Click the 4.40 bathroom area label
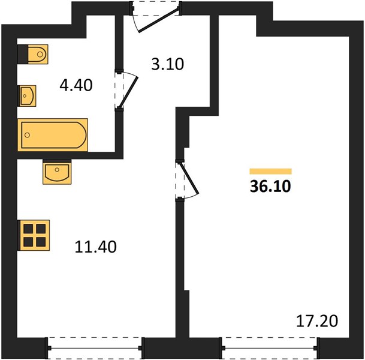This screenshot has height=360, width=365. tap(76, 85)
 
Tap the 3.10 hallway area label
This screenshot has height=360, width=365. tap(168, 64)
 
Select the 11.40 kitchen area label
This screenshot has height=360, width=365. tap(96, 247)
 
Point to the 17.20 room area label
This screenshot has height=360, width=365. tap(317, 321)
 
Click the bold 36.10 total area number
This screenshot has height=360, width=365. tap(270, 187)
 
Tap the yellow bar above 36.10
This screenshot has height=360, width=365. tap(270, 171)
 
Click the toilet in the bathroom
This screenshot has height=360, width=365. tap(38, 54)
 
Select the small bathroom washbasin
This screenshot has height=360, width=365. tap(28, 96)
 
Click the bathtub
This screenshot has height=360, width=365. tap(53, 135)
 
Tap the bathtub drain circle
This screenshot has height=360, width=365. tap(27, 135)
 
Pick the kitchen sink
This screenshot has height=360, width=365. tap(57, 173)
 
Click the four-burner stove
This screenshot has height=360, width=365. tap(34, 235)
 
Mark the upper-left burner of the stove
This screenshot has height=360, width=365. tap(28, 229)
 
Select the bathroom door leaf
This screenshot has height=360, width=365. tap(129, 92)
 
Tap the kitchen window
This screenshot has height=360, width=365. tap(95, 348)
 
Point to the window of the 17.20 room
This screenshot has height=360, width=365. tap(270, 348)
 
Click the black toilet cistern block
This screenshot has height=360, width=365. tap(23, 54)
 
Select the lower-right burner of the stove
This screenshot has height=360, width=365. tap(41, 242)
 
